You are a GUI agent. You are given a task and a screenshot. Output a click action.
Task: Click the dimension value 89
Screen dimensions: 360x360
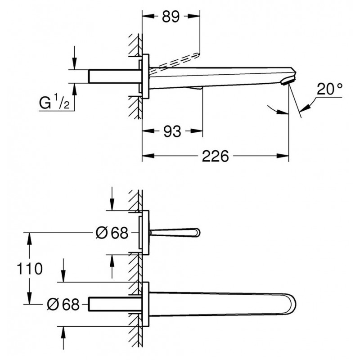[171, 17]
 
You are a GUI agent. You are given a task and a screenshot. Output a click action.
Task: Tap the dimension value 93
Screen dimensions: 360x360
[172, 131]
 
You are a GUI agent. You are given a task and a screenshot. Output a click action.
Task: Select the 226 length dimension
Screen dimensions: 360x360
[215, 156]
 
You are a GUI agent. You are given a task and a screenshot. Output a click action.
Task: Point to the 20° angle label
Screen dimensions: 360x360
[330, 89]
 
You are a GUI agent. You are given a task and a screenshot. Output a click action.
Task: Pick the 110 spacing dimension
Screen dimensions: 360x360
[30, 269]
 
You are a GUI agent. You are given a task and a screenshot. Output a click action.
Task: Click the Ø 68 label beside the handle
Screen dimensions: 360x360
[112, 233]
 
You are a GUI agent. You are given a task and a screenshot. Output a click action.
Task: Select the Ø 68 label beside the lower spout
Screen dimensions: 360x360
[63, 305]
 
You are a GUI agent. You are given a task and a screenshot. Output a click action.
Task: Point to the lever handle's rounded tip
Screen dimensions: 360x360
[197, 233]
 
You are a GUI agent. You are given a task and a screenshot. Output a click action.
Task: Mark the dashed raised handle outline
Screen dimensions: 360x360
[175, 60]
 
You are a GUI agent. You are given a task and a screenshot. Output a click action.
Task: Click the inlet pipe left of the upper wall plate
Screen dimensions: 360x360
[115, 76]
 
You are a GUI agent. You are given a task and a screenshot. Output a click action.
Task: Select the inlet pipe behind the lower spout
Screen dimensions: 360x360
[115, 304]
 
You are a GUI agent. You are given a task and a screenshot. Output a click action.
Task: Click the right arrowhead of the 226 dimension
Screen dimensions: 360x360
[283, 156]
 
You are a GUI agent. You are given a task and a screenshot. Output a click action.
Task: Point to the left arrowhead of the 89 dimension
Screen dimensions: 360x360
[148, 16]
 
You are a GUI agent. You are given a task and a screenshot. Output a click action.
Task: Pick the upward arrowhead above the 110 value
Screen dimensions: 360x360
[29, 239]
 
